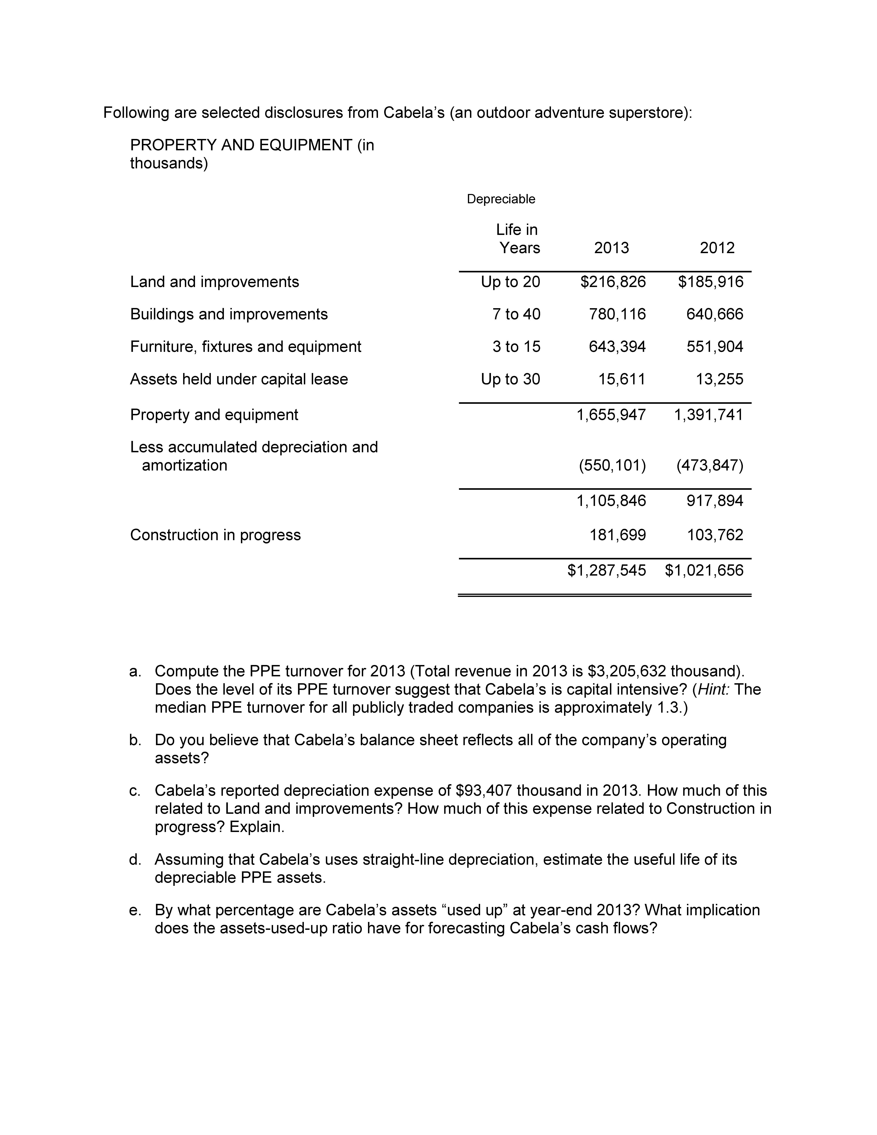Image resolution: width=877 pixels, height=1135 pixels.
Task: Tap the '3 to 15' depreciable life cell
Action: [x=516, y=347]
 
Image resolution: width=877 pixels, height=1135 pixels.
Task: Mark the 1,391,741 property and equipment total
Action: [x=709, y=415]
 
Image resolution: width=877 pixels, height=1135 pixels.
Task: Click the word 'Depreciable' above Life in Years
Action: [x=501, y=199]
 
